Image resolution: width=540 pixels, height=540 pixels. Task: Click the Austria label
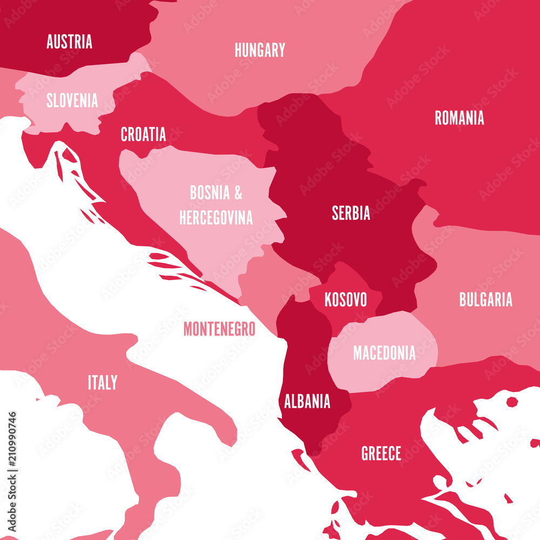click(69, 42)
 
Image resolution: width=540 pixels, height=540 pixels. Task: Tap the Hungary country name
click(260, 50)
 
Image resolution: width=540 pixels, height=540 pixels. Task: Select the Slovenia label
click(72, 100)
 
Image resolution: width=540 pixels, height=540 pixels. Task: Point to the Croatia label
click(143, 134)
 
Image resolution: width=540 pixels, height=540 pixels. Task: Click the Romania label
click(460, 118)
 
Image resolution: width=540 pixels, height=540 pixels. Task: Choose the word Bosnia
click(210, 192)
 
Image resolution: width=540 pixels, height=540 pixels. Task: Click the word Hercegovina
click(216, 218)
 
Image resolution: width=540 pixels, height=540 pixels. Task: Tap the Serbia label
click(351, 213)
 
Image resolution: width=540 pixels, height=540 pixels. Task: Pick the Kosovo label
click(346, 300)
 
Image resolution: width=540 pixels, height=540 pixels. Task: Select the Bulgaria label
click(485, 300)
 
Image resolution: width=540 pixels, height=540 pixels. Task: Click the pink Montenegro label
click(219, 328)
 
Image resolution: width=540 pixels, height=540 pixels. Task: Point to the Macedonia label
click(384, 353)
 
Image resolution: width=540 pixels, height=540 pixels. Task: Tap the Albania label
click(307, 401)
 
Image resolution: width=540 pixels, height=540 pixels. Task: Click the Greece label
click(381, 454)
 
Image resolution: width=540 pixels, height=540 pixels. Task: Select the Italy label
click(102, 383)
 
